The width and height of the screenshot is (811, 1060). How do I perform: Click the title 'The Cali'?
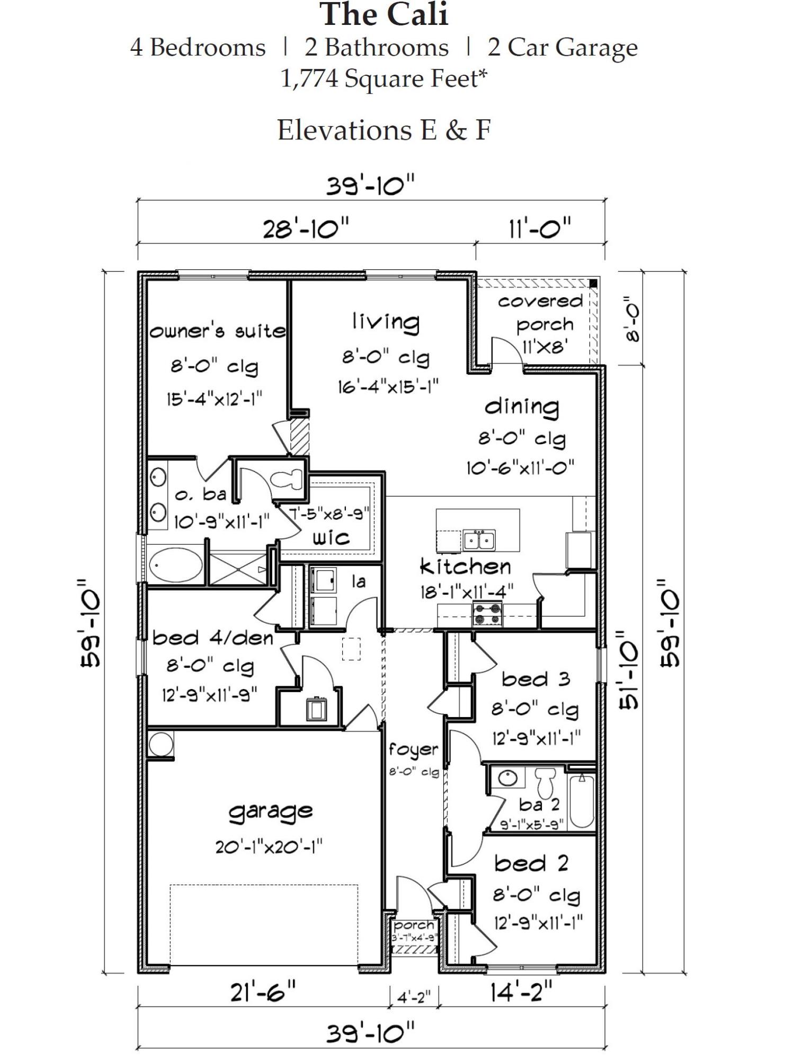384,15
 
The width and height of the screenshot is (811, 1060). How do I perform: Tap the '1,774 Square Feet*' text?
384,78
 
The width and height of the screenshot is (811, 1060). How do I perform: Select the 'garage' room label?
270,811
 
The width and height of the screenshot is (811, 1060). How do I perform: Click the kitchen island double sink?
479,540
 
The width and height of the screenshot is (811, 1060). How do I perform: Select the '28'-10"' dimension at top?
306,230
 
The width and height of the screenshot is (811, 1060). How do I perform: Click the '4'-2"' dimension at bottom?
414,997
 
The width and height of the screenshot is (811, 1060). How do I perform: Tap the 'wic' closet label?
331,538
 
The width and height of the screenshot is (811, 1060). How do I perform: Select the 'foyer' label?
414,749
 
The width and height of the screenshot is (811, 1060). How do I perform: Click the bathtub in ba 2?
581,802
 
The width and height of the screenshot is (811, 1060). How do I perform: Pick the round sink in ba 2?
507,778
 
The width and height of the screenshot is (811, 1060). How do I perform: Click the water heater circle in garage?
161,744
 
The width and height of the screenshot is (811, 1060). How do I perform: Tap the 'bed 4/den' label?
212,638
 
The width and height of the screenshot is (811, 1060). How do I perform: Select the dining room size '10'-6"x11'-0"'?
520,468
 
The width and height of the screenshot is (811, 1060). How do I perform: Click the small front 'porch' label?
414,925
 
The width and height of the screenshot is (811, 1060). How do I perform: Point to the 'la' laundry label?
359,582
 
